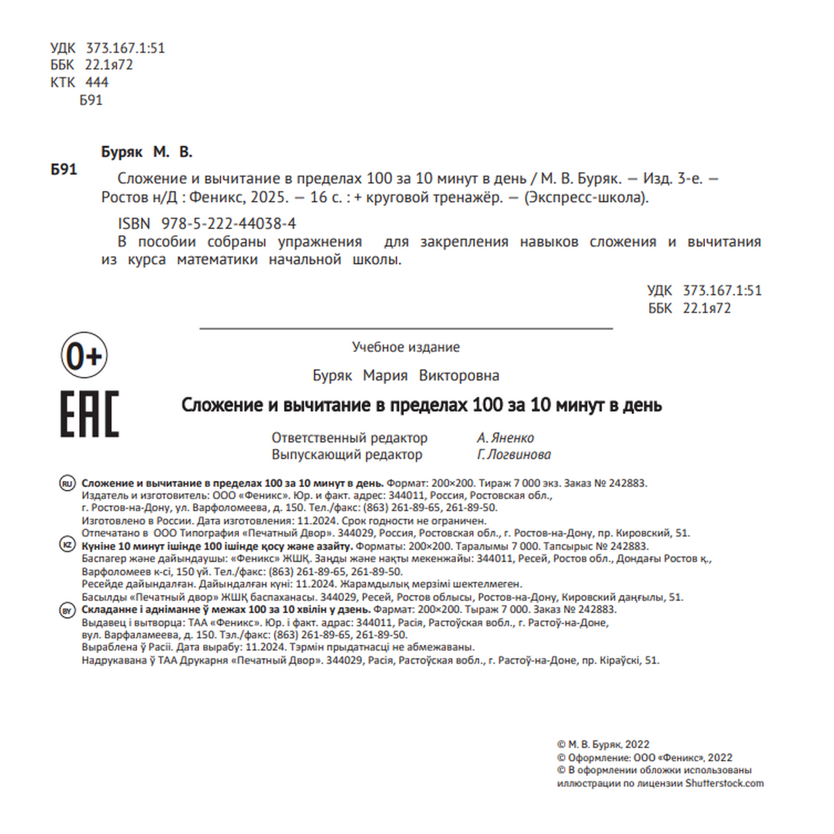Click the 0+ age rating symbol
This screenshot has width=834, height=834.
pyautogui.click(x=84, y=355)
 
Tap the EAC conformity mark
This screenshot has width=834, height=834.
pyautogui.click(x=90, y=414)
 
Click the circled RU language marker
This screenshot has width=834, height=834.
pyautogui.click(x=67, y=484)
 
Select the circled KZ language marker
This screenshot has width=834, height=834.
pyautogui.click(x=67, y=545)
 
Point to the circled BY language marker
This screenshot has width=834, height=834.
pyautogui.click(x=67, y=610)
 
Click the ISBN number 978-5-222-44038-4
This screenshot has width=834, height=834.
pyautogui.click(x=229, y=224)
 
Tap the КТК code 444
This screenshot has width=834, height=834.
pyautogui.click(x=97, y=82)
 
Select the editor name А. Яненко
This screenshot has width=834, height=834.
pyautogui.click(x=505, y=438)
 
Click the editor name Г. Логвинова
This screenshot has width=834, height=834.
pyautogui.click(x=514, y=455)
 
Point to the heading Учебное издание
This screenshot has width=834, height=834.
pyautogui.click(x=406, y=347)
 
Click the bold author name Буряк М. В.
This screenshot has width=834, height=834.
pyautogui.click(x=146, y=152)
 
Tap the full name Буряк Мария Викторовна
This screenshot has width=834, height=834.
pyautogui.click(x=406, y=376)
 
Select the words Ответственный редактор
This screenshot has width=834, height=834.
pyautogui.click(x=349, y=438)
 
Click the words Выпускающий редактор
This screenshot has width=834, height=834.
pyautogui.click(x=347, y=455)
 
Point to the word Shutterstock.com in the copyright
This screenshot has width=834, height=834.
pyautogui.click(x=724, y=783)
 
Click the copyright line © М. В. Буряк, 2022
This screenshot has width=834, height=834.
pyautogui.click(x=603, y=744)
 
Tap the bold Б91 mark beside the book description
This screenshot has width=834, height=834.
pyautogui.click(x=64, y=170)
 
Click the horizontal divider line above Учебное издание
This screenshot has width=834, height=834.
pyautogui.click(x=406, y=329)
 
